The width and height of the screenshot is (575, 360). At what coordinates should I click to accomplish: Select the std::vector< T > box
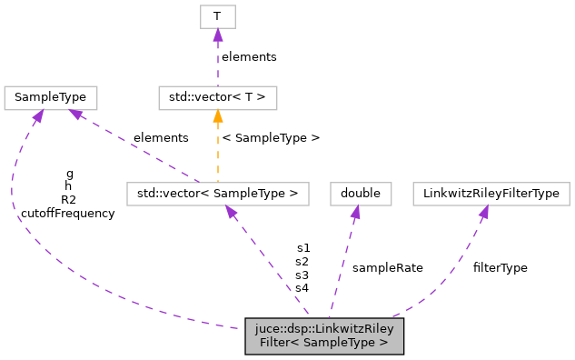tap(217, 96)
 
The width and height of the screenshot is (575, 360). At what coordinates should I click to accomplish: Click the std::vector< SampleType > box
tap(217, 193)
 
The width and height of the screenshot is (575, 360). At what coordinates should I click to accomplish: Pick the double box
tap(360, 193)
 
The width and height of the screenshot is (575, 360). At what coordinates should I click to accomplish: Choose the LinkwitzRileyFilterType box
tap(491, 193)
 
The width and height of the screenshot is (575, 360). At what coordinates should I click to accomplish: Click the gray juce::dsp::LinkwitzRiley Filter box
tap(323, 335)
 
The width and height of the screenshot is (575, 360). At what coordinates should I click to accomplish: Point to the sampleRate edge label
tap(387, 267)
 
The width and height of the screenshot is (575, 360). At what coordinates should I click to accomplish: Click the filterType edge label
tap(500, 267)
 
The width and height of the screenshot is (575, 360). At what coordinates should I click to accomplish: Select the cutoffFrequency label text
tap(69, 214)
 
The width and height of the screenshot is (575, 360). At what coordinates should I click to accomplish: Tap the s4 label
tap(302, 288)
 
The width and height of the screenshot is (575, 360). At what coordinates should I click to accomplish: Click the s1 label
tap(302, 247)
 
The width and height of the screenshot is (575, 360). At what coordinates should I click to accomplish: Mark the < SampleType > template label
tap(271, 138)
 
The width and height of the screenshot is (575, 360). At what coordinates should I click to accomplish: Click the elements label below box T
tap(249, 56)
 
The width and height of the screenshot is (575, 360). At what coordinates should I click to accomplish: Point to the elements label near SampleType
tap(161, 138)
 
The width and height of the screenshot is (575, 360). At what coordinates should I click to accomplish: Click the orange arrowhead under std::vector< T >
tap(217, 115)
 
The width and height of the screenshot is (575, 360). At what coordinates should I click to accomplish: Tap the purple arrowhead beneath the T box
tap(216, 35)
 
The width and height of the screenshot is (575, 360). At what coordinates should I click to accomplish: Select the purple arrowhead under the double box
tap(356, 211)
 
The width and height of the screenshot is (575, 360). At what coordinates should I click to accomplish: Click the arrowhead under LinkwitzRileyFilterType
tap(484, 211)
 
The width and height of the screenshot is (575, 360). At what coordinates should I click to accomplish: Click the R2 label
tap(69, 200)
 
